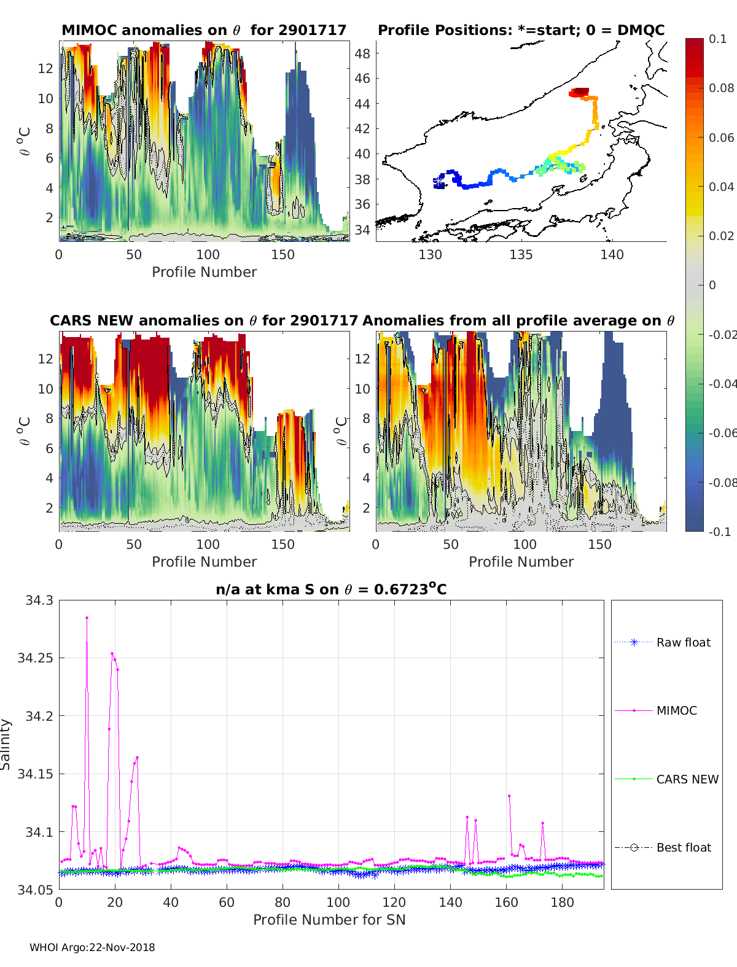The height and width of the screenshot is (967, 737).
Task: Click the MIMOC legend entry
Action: click(x=676, y=710)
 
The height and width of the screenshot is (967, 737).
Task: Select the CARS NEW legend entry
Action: click(x=687, y=779)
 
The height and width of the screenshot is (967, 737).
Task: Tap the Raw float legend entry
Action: click(x=683, y=642)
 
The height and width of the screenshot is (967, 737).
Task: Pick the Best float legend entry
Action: click(x=683, y=847)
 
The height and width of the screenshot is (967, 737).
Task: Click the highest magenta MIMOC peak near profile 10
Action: click(x=87, y=618)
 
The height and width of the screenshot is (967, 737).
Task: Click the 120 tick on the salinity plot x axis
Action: click(x=394, y=902)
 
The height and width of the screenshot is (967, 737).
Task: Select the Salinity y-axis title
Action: click(x=6, y=744)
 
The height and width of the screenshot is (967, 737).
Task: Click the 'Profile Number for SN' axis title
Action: click(x=329, y=920)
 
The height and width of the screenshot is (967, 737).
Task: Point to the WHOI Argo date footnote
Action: click(x=92, y=947)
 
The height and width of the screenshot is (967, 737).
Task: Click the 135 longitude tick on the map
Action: click(x=521, y=254)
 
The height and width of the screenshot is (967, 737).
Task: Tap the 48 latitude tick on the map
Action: click(x=362, y=53)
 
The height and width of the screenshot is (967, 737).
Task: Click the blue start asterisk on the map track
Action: click(x=439, y=182)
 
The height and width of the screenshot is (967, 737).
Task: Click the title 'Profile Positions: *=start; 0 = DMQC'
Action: click(x=521, y=30)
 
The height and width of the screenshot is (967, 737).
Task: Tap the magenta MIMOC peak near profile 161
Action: click(x=509, y=796)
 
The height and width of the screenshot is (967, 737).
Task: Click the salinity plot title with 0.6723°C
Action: click(x=331, y=589)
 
